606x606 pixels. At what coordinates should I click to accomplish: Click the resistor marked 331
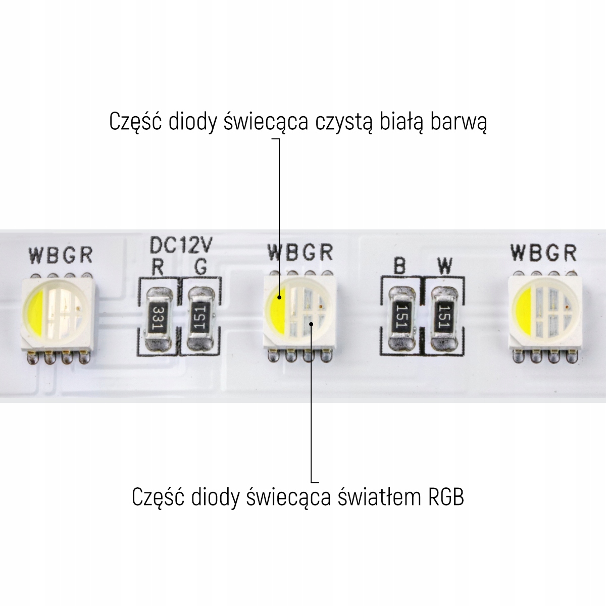pos(158,318)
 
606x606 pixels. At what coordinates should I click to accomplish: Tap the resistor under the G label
pos(200,318)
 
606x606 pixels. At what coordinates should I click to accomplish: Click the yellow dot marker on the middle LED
pos(279,298)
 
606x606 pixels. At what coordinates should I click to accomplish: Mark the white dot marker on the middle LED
pos(312,324)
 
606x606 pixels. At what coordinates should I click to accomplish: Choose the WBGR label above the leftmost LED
pos(61,255)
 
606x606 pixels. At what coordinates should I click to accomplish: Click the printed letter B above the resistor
pos(400,266)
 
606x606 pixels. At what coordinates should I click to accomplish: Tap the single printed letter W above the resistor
pos(445,266)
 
